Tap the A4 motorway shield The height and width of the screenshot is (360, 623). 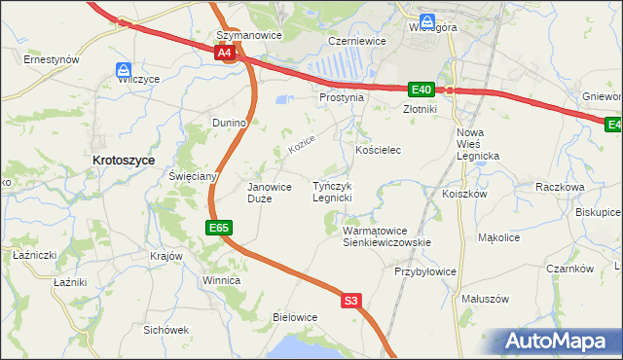(x=225, y=54)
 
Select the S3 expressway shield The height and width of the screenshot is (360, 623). (x=351, y=302)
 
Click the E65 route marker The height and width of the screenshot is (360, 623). (x=219, y=228)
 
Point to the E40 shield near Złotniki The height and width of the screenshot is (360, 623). (x=421, y=90)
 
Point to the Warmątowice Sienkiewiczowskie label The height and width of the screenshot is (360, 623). (x=386, y=236)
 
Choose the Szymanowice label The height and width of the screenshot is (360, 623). (x=248, y=35)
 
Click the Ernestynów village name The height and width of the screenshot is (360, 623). (x=52, y=59)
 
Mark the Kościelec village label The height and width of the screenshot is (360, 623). (x=379, y=151)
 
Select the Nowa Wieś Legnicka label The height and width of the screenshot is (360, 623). (x=477, y=144)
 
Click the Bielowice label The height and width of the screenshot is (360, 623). (x=295, y=317)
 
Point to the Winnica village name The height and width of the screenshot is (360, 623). (x=221, y=280)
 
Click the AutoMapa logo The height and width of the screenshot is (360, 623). (x=562, y=342)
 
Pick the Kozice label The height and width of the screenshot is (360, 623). (x=302, y=147)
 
